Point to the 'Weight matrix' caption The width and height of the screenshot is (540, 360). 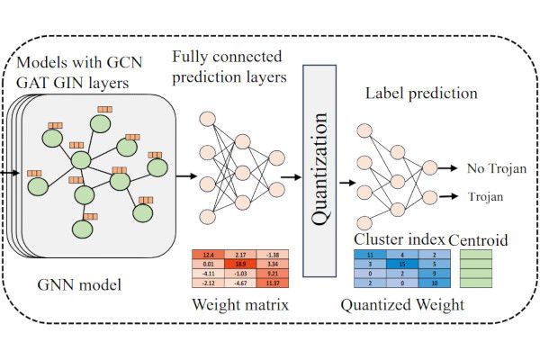tap(240, 304)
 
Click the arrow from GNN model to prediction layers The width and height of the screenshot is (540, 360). tap(185, 176)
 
